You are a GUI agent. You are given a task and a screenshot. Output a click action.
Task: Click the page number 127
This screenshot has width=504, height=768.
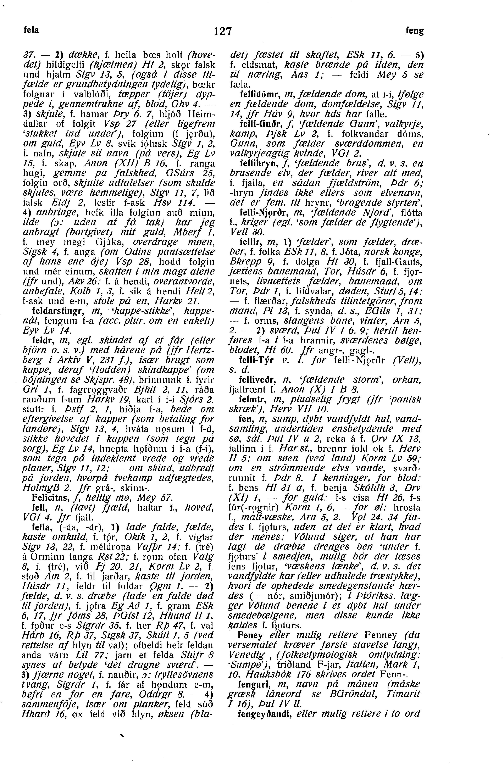tap(223, 31)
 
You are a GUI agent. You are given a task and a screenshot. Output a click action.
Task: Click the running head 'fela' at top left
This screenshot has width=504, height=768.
tap(32, 30)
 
